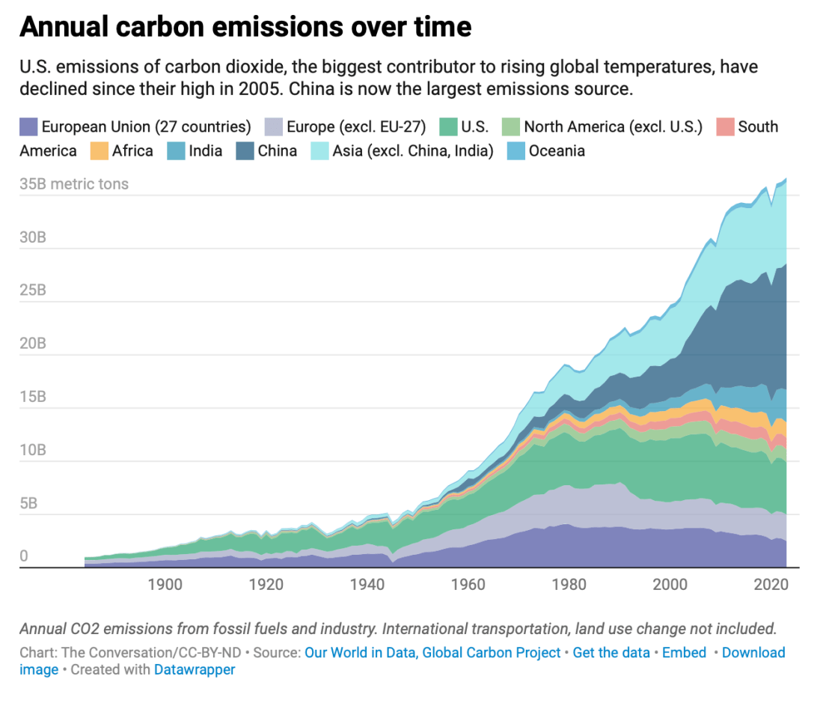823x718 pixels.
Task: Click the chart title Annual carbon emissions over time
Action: click(x=245, y=28)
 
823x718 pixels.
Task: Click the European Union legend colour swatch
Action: click(x=28, y=127)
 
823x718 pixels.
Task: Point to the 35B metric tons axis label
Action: click(x=74, y=184)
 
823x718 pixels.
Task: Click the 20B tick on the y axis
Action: click(x=33, y=344)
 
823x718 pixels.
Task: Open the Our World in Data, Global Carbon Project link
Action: click(x=432, y=653)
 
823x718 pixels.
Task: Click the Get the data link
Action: click(x=611, y=653)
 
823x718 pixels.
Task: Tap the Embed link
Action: click(x=684, y=653)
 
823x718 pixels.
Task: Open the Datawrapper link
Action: click(x=195, y=670)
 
